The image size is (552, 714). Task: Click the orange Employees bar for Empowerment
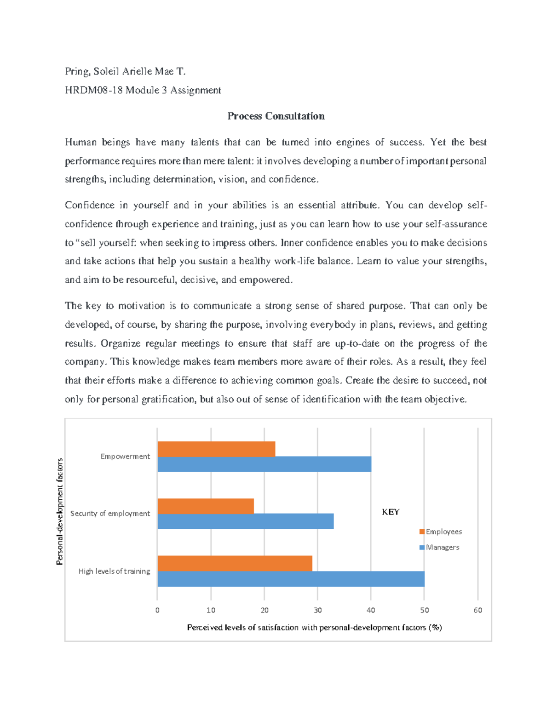pyautogui.click(x=216, y=449)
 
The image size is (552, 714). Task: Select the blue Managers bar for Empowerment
pyautogui.click(x=264, y=464)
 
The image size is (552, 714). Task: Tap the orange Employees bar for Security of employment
pyautogui.click(x=206, y=506)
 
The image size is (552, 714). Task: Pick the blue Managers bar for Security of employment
pyautogui.click(x=245, y=521)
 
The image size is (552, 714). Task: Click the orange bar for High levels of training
pyautogui.click(x=235, y=563)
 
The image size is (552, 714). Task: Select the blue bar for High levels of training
pyautogui.click(x=291, y=579)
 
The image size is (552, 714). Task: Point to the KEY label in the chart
pyautogui.click(x=391, y=512)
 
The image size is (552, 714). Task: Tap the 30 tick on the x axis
pyautogui.click(x=317, y=610)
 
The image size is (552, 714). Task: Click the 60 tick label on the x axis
pyautogui.click(x=477, y=610)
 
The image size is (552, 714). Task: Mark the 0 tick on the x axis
pyautogui.click(x=157, y=610)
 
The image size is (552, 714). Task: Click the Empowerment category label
pyautogui.click(x=125, y=457)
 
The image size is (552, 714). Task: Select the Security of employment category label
pyautogui.click(x=110, y=514)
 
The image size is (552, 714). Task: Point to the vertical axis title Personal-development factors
pyautogui.click(x=59, y=511)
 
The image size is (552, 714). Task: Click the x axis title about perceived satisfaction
pyautogui.click(x=314, y=628)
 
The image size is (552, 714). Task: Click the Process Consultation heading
pyautogui.click(x=276, y=116)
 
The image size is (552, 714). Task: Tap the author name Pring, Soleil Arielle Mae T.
pyautogui.click(x=125, y=71)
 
